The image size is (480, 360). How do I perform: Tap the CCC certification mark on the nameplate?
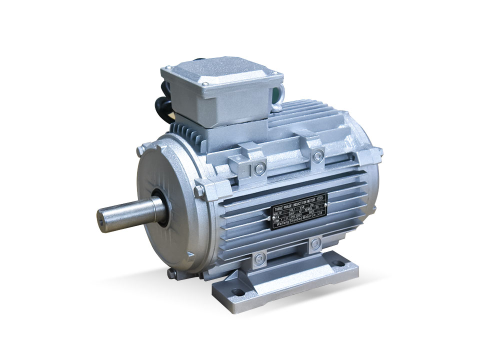click(x=320, y=197)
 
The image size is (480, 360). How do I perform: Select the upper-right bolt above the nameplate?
click(x=315, y=156)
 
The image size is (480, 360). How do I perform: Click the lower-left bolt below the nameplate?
click(x=257, y=258)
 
